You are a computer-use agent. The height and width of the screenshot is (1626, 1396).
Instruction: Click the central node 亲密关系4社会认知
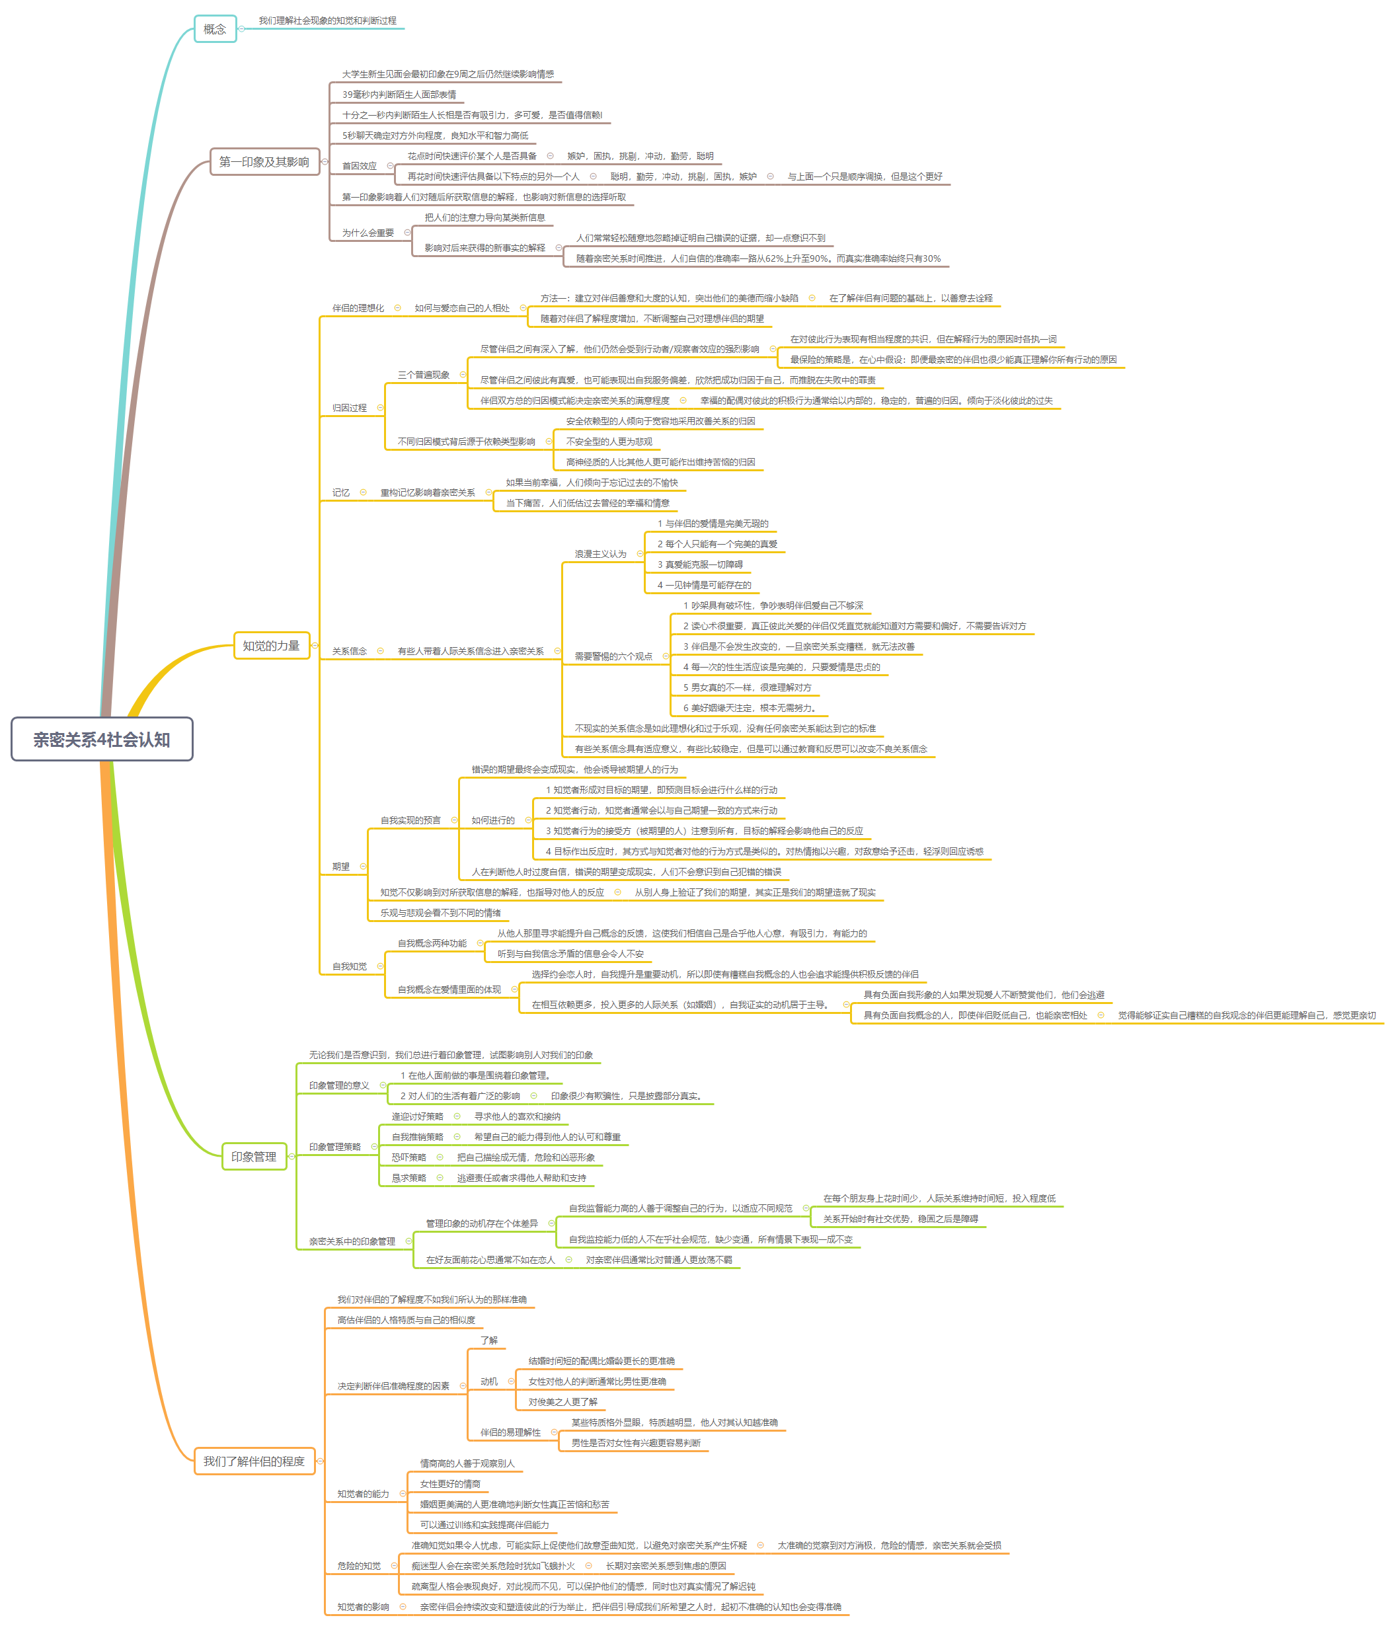point(102,739)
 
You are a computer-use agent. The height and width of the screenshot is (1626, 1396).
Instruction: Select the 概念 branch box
point(215,29)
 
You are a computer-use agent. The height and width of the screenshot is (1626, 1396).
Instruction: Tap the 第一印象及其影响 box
point(264,162)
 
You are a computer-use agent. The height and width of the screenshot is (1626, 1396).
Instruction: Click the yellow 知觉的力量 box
point(272,646)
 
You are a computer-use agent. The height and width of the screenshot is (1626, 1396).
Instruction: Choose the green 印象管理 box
point(253,1157)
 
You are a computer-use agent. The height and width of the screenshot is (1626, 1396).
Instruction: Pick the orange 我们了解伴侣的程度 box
point(254,1461)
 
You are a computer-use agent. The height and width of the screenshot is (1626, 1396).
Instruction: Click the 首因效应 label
point(360,167)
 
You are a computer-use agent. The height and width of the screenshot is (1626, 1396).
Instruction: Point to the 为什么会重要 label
point(368,233)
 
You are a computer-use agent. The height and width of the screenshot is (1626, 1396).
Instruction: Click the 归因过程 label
point(349,408)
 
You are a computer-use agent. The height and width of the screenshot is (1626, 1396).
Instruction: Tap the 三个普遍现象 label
point(424,375)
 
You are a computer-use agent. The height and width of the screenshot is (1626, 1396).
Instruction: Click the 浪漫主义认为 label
point(600,554)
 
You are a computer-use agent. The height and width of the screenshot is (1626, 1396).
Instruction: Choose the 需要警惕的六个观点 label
point(613,657)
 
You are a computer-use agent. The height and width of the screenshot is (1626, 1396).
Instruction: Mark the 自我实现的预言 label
point(410,820)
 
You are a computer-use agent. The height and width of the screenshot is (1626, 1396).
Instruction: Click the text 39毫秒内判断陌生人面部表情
point(399,95)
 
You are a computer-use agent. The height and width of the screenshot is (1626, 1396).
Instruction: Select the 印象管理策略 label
point(335,1147)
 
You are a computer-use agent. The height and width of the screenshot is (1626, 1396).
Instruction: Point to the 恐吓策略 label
point(409,1157)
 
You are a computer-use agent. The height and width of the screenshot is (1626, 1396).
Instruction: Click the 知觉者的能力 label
point(364,1494)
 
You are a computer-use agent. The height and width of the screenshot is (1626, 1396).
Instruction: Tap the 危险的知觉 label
point(359,1567)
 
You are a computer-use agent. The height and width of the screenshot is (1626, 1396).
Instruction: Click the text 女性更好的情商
point(449,1484)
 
